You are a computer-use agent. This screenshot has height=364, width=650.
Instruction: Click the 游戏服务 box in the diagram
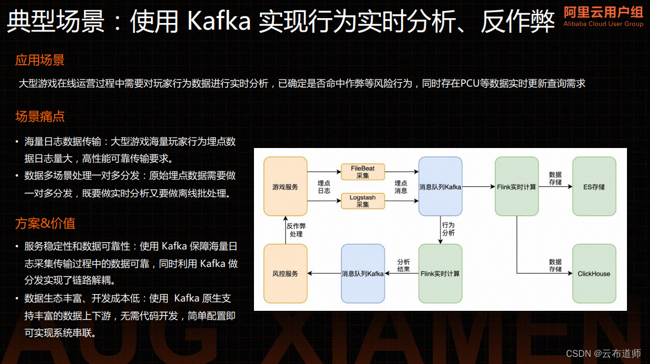(x=285, y=186)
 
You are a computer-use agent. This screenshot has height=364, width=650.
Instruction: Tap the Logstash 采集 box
(x=363, y=201)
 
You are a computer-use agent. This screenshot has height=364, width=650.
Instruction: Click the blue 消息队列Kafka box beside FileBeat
(x=440, y=186)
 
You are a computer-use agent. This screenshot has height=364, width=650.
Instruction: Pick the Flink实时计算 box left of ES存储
(x=516, y=186)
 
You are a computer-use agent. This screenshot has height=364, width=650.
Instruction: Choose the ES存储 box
(x=594, y=186)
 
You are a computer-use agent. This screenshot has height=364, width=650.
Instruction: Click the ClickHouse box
(x=594, y=274)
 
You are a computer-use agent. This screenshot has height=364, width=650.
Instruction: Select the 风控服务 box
(x=285, y=274)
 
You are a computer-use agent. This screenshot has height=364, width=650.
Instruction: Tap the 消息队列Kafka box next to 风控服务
(x=363, y=274)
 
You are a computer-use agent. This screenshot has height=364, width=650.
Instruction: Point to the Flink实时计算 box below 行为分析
(x=440, y=274)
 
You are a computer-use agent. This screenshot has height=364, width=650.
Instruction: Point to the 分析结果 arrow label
(x=404, y=266)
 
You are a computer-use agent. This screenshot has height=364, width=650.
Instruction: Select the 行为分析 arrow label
(x=448, y=229)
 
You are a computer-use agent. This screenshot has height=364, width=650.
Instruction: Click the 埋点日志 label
(x=324, y=187)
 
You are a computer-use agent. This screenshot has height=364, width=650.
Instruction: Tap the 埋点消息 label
(x=401, y=187)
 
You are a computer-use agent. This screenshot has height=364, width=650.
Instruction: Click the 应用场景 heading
(x=40, y=60)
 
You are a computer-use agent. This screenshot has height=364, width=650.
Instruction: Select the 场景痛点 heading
(x=40, y=116)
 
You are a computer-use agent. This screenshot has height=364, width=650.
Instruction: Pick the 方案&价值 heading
(x=45, y=223)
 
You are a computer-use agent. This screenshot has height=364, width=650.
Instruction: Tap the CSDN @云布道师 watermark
(x=603, y=354)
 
